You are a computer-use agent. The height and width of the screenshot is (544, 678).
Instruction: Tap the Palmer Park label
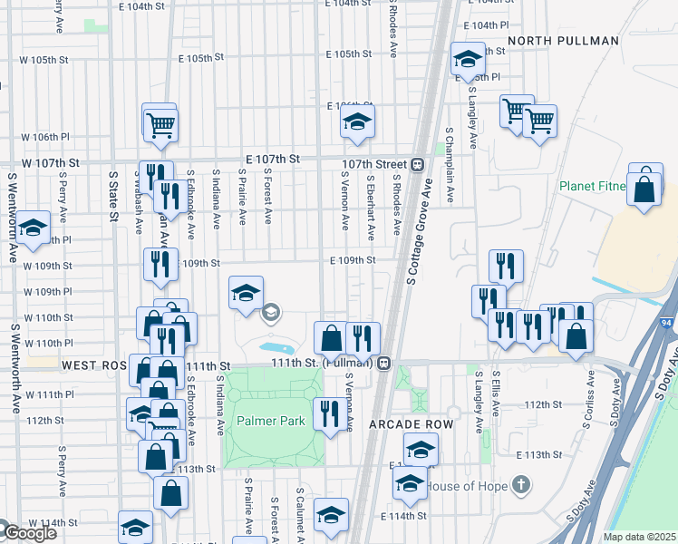[271, 422]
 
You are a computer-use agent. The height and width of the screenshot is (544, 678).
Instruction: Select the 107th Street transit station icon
[418, 164]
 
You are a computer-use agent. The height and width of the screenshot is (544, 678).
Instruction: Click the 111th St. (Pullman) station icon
[384, 363]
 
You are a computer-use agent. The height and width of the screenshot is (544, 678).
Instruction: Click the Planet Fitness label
[593, 187]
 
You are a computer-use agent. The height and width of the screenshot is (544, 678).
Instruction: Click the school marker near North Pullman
[468, 60]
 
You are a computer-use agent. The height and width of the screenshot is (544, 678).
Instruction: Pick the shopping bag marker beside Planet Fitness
[644, 189]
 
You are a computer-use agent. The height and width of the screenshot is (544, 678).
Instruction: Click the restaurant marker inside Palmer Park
[327, 414]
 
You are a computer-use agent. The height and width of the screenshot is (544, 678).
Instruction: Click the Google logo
[29, 533]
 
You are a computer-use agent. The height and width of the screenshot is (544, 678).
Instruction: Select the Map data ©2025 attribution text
[639, 537]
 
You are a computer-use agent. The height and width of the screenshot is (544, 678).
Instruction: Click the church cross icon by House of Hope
[520, 485]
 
